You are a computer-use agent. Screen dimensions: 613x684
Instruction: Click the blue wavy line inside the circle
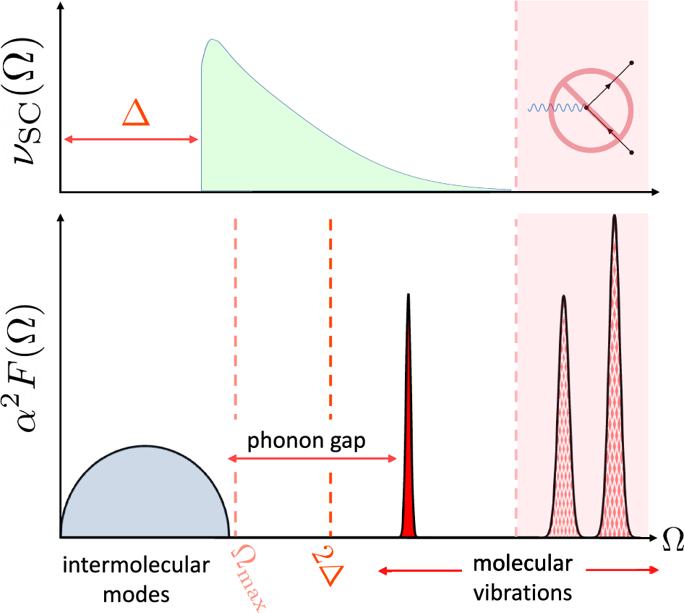pyautogui.click(x=555, y=109)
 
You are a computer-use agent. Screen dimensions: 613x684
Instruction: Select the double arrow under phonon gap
pyautogui.click(x=312, y=457)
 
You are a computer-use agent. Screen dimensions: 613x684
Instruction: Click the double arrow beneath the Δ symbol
pyautogui.click(x=130, y=138)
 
